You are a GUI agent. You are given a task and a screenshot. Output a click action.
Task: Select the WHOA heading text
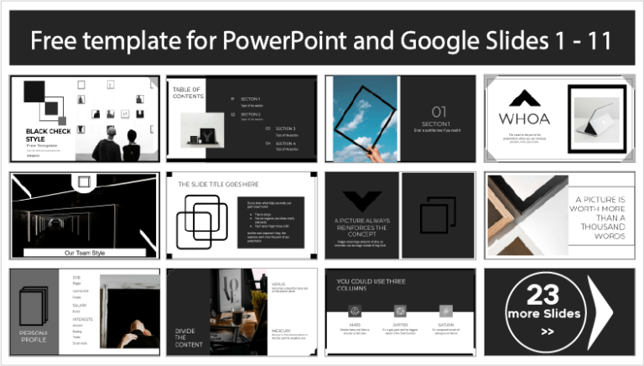tap(524, 118)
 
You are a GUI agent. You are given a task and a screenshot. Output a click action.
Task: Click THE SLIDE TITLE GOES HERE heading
tap(217, 184)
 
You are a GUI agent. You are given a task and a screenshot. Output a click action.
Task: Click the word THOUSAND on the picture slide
tap(596, 227)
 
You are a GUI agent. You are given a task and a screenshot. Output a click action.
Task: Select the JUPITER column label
tap(400, 325)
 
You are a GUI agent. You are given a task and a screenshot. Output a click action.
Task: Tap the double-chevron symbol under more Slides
tap(547, 331)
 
